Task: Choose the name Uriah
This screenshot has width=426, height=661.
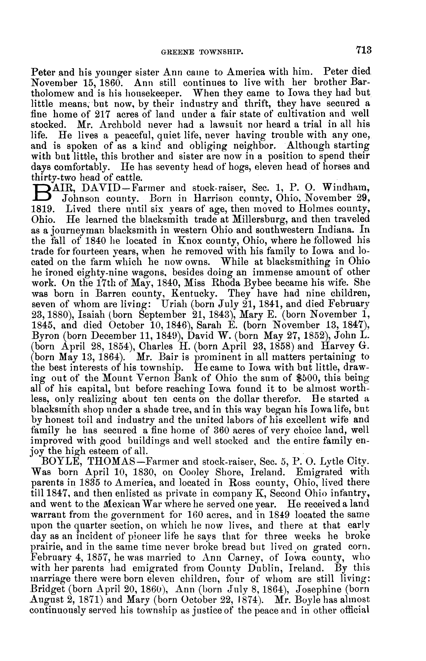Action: pos(174,304)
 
